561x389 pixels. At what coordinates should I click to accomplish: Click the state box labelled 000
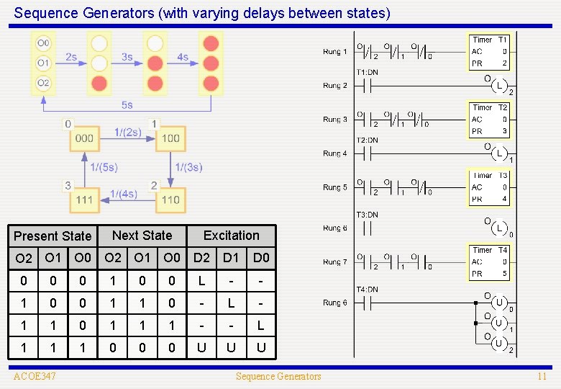tap(84, 138)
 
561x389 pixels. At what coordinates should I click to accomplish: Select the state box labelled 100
tap(170, 138)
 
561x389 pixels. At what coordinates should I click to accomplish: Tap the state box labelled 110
tap(170, 200)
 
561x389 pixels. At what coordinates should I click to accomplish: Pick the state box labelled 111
tap(84, 200)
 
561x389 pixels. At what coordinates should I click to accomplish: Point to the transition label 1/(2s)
tap(127, 132)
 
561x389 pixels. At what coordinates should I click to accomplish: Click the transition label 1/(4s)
tap(123, 194)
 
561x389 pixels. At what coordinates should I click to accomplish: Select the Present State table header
tap(53, 236)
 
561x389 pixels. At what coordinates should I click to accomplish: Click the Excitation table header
tap(231, 236)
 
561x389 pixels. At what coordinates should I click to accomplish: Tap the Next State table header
tap(142, 236)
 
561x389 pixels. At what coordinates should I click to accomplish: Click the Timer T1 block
tap(490, 52)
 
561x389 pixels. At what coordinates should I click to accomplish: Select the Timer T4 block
tap(490, 262)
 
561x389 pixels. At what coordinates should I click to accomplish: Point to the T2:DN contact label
tap(367, 140)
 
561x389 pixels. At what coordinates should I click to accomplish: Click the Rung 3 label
tap(335, 120)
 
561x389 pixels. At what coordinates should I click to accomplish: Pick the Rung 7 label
tap(335, 262)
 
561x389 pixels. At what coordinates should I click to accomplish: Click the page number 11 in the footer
tap(542, 376)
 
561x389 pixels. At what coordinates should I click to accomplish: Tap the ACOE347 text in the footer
tap(35, 376)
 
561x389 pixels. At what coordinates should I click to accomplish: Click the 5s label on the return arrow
tap(127, 105)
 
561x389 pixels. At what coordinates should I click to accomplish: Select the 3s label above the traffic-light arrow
tap(127, 56)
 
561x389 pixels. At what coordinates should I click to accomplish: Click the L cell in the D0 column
tap(260, 326)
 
